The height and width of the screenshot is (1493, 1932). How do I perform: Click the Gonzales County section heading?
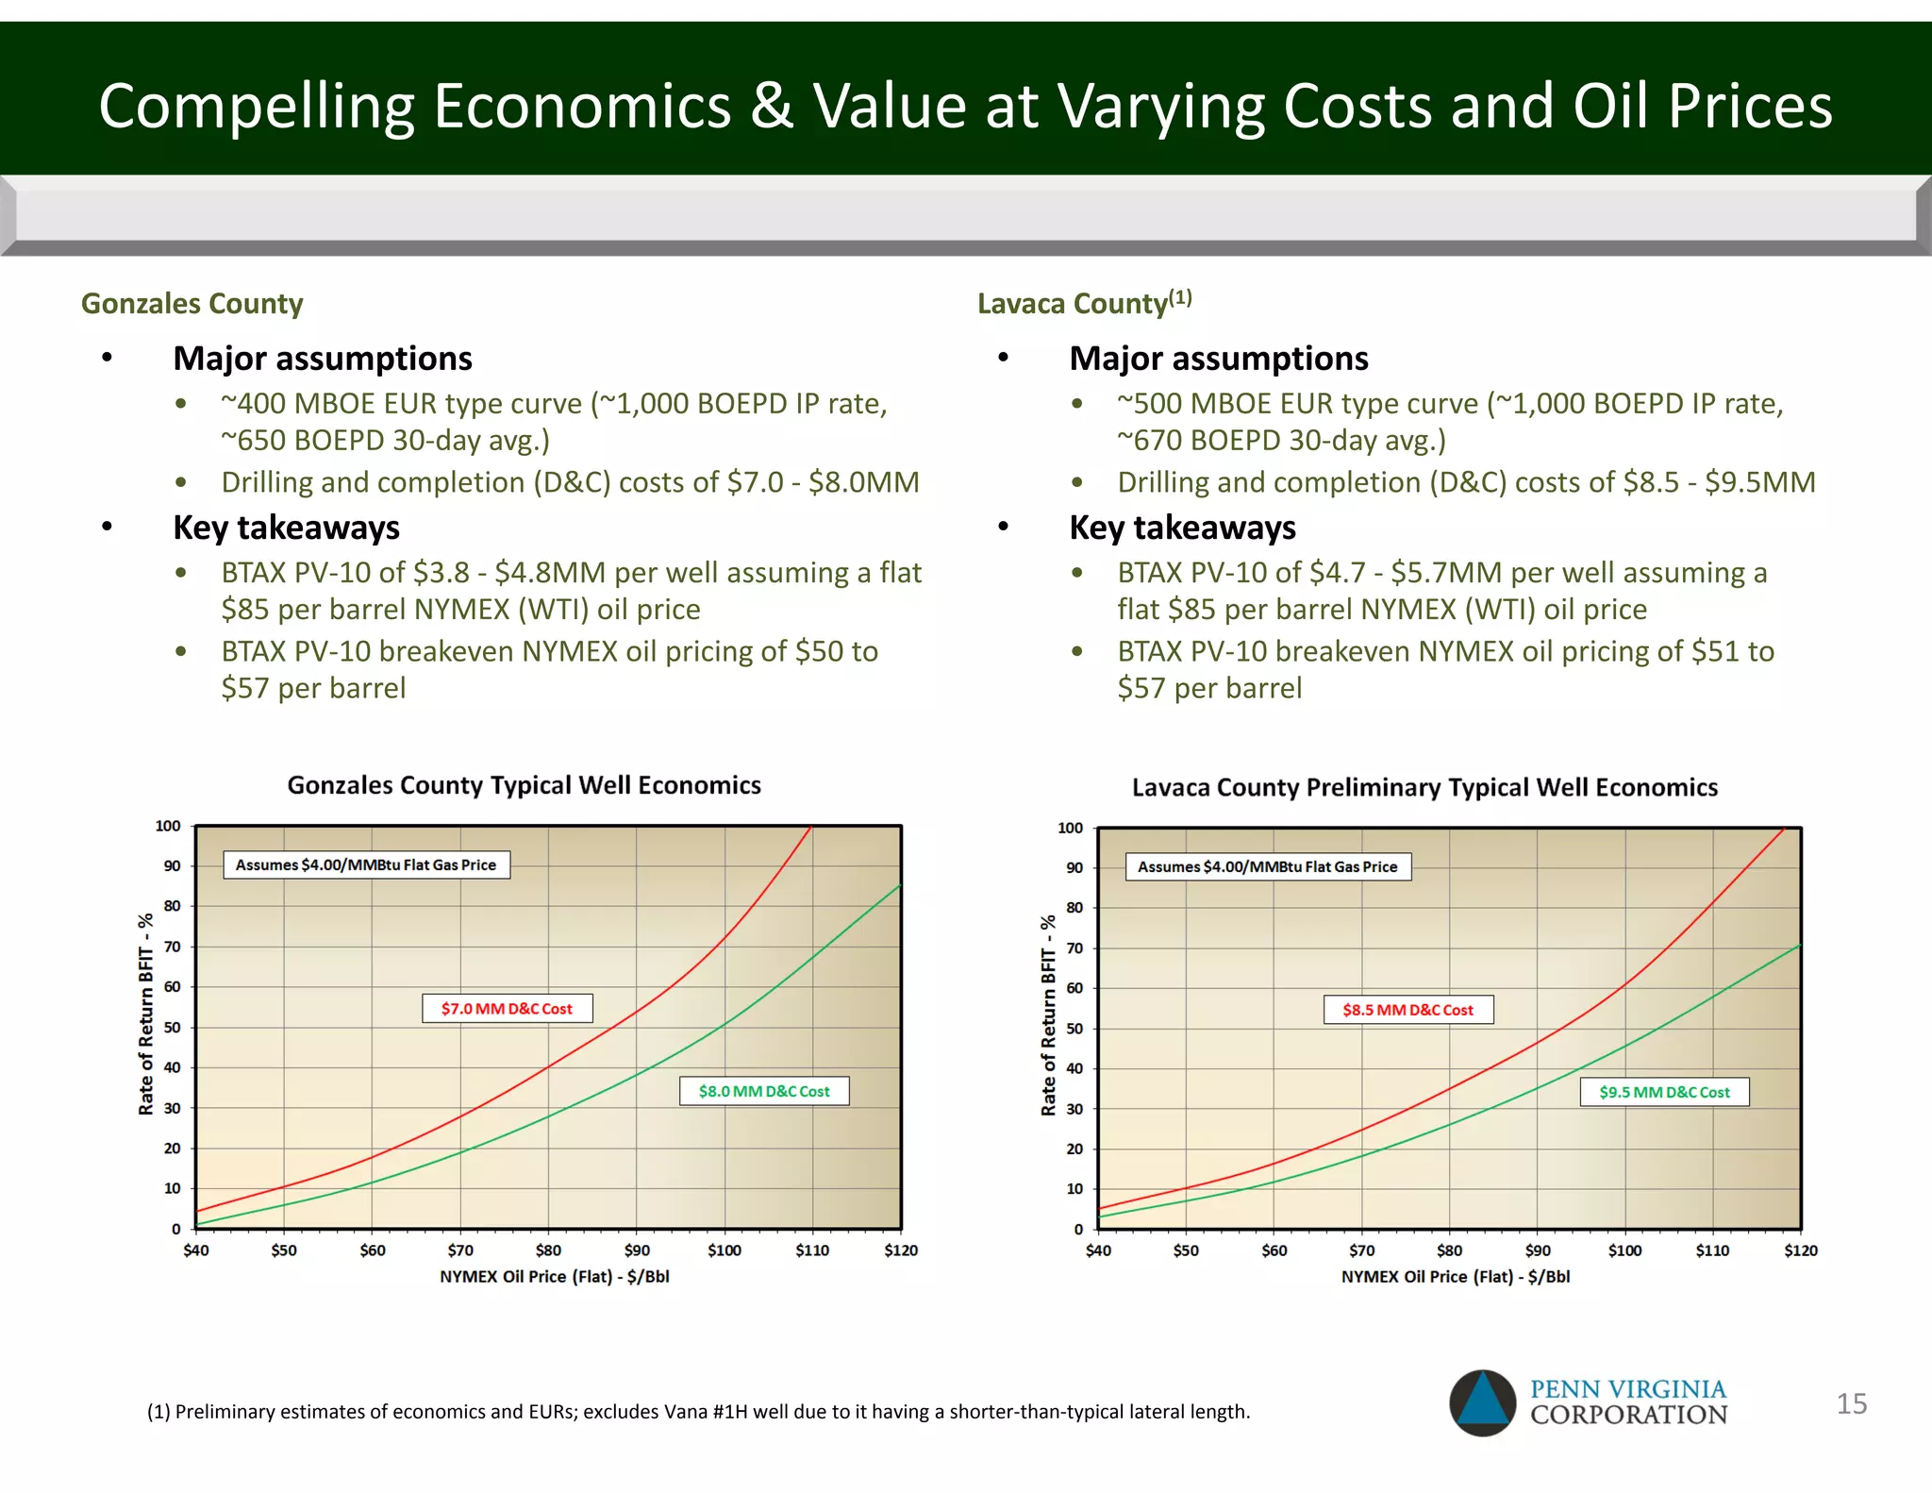click(192, 304)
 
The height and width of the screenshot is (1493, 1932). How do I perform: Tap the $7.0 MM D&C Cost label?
click(507, 1008)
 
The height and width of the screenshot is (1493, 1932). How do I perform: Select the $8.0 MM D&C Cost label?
click(764, 1091)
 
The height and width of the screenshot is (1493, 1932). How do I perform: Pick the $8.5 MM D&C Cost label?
click(1407, 1010)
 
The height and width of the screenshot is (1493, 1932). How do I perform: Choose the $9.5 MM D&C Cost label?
click(1664, 1092)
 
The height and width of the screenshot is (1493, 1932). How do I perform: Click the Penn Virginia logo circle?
click(1482, 1403)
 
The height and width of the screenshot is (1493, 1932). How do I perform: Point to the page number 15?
click(1851, 1403)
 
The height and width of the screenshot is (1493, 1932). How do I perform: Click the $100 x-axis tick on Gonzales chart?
click(724, 1250)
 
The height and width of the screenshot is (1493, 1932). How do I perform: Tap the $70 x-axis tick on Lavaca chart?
click(1361, 1250)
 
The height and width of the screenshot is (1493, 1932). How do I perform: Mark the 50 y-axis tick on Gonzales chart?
click(172, 1027)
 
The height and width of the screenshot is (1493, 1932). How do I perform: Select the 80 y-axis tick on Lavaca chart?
click(1074, 908)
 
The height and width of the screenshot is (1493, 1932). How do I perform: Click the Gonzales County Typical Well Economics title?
click(524, 785)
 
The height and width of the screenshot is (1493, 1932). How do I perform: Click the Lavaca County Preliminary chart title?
click(1424, 787)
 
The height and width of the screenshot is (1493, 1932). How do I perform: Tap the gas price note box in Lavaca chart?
click(1268, 866)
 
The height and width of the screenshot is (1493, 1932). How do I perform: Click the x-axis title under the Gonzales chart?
click(554, 1277)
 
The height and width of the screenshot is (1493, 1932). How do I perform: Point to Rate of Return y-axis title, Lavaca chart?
click(1048, 1015)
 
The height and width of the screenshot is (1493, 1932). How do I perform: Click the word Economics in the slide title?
click(582, 106)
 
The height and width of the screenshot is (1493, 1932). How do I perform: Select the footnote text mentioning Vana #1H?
click(698, 1412)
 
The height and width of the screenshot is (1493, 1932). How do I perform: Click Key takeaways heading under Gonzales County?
click(286, 528)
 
